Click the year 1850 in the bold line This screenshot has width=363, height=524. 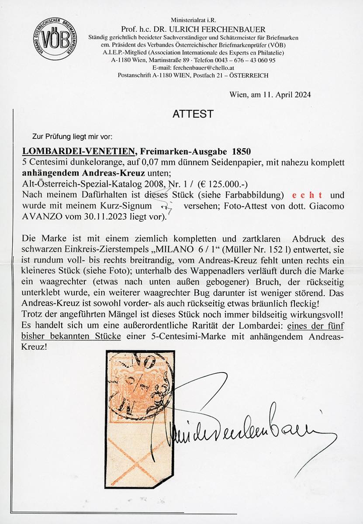(239, 151)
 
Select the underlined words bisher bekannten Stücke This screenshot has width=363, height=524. (64, 333)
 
